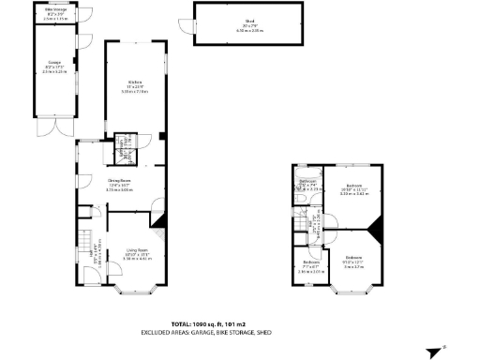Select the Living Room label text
pos(138,250)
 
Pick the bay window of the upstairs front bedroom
pos(352,290)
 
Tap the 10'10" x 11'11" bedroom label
pos(353,188)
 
